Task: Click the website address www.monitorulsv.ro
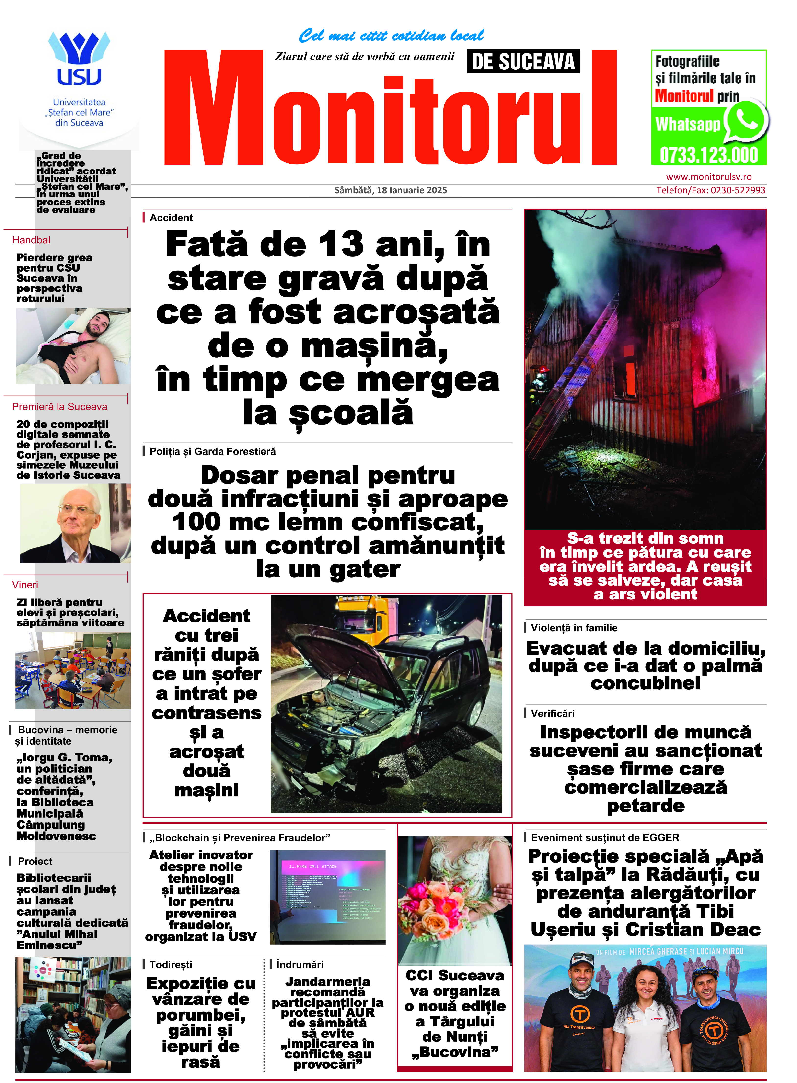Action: pyautogui.click(x=709, y=177)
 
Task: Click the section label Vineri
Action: pyautogui.click(x=25, y=585)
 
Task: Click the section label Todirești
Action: pyautogui.click(x=171, y=964)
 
